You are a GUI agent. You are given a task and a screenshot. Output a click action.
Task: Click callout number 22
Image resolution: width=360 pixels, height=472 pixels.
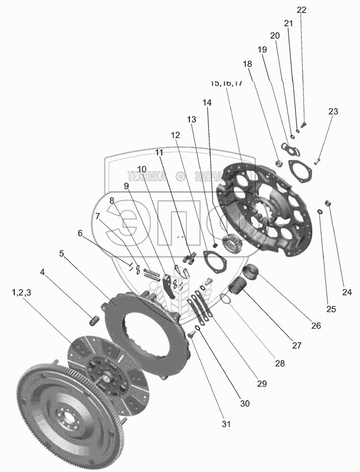(x=302, y=10)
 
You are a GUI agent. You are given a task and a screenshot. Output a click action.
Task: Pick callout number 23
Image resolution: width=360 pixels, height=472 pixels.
(x=333, y=111)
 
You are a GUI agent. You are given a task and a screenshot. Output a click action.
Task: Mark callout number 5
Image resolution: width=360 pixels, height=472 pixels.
(x=61, y=254)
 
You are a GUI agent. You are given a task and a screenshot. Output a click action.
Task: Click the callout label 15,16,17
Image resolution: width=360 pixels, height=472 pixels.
(x=225, y=83)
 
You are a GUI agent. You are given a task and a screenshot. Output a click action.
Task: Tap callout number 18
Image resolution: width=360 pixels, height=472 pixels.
(x=247, y=64)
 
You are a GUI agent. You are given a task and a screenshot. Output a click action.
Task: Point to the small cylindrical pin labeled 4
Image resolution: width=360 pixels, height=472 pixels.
(x=93, y=321)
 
